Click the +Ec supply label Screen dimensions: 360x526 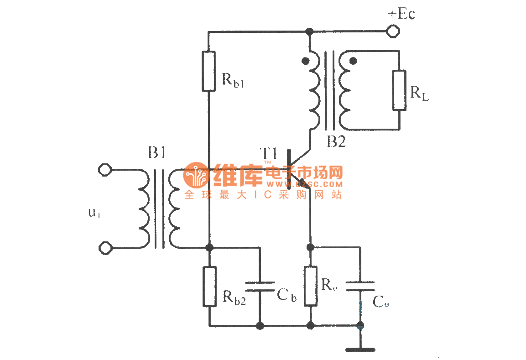pos(401,14)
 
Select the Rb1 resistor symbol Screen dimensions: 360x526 pos(208,71)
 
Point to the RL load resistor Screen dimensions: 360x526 pos(399,90)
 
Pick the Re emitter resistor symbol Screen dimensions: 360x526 pos(310,286)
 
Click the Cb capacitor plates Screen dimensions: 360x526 pos(260,286)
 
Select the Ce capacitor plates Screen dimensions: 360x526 pos(360,286)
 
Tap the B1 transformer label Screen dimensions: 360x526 pos(156,153)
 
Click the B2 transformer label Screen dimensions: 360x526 pos(336,142)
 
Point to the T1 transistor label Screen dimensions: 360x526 pos(269,153)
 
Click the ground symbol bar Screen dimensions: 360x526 pos(360,350)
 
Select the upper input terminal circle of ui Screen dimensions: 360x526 pos(105,170)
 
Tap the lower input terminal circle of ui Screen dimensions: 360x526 pos(105,248)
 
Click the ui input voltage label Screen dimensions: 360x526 pos(94,213)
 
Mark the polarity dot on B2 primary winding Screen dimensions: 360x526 pos(305,60)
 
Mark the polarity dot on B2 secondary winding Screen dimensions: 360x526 pos(353,60)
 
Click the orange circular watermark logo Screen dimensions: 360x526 pos(196,175)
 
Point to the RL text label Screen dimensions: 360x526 pos(419,94)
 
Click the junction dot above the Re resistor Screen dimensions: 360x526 pos(310,247)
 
